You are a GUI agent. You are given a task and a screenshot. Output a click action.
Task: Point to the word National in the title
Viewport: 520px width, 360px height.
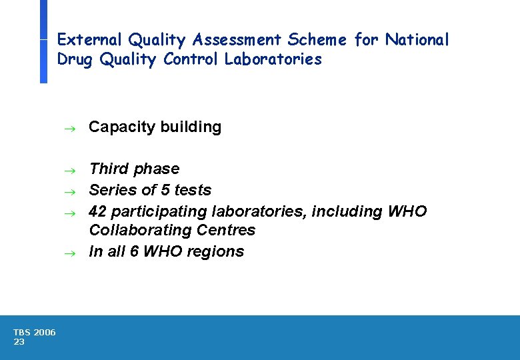[417, 40]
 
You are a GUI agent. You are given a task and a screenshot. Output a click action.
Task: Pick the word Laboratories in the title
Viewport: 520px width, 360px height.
[273, 59]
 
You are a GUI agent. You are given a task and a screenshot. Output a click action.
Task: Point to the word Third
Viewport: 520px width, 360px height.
[108, 169]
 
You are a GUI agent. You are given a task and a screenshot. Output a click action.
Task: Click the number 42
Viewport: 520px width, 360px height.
[97, 211]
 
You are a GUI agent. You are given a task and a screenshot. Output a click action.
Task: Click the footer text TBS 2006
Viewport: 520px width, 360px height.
[35, 333]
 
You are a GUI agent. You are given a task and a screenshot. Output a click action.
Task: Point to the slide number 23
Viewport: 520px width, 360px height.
[19, 342]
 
